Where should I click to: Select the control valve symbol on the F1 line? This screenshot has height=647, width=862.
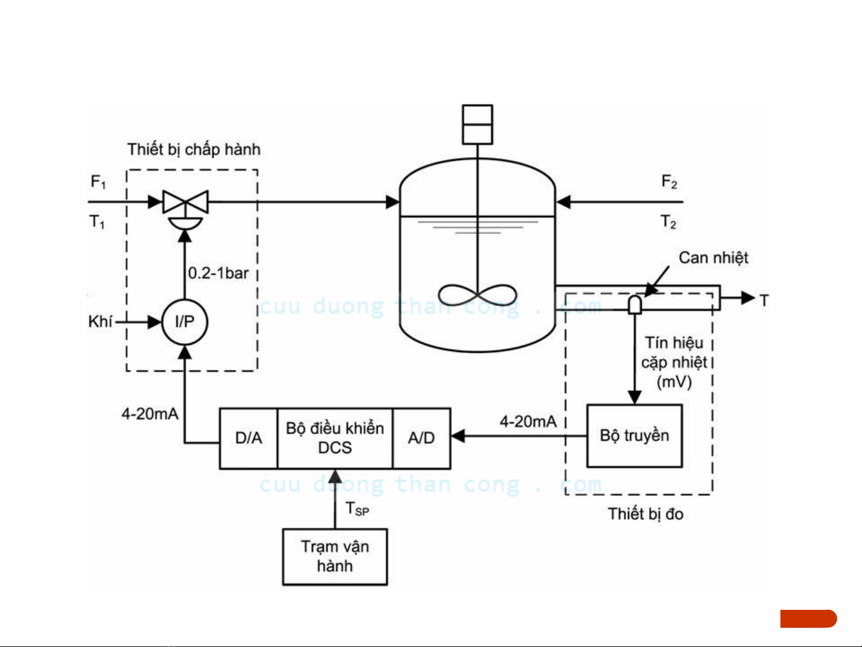pos(185,209)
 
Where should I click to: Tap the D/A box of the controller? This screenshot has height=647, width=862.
pos(248,438)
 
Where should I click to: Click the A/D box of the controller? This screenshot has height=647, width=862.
pos(421,438)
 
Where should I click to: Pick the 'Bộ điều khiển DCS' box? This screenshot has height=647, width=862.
pos(335,438)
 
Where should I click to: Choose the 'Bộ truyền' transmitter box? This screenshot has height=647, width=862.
pos(635,436)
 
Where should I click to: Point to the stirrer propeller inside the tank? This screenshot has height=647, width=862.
pos(477,295)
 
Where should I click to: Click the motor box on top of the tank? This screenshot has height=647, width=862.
pos(477,125)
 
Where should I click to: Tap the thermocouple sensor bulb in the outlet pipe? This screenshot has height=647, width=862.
pos(635,305)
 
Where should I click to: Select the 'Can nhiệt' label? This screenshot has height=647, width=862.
pos(713,258)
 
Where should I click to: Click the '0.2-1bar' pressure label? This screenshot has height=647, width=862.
pos(218,273)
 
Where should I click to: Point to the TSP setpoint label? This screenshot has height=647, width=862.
pos(357,509)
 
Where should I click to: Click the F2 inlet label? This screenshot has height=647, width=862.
pos(669,182)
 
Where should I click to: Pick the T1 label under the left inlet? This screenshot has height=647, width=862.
pos(97,222)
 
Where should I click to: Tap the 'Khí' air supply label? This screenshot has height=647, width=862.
pos(100,321)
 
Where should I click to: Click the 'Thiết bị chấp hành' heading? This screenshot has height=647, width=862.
pos(194,149)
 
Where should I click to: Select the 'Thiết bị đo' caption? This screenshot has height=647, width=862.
pos(645,514)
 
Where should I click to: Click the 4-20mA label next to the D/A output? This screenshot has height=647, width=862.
pos(150,414)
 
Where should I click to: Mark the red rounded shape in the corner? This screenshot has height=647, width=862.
pos(809,619)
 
